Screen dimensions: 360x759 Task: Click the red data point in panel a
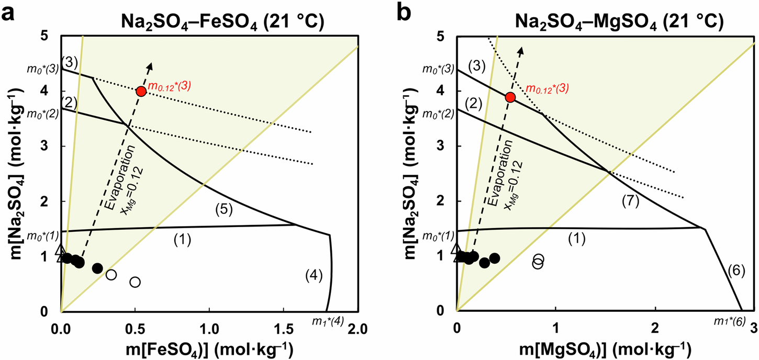pyautogui.click(x=140, y=91)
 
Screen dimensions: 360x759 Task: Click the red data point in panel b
pyautogui.click(x=510, y=97)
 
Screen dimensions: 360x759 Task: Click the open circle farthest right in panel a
pyautogui.click(x=135, y=282)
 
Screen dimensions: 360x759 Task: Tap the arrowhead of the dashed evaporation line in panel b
pyautogui.click(x=521, y=49)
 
